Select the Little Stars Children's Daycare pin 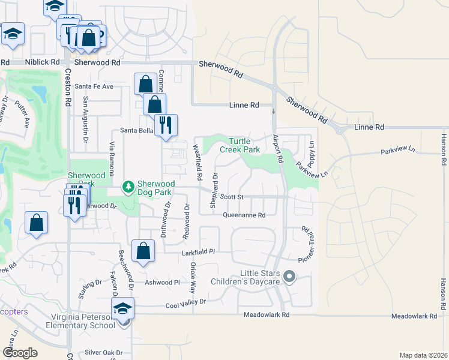(290, 277)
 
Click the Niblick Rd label (43, 62)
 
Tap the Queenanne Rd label (244, 215)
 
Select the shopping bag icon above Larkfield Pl (143, 251)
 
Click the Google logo (20, 352)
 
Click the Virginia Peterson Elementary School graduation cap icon (123, 309)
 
